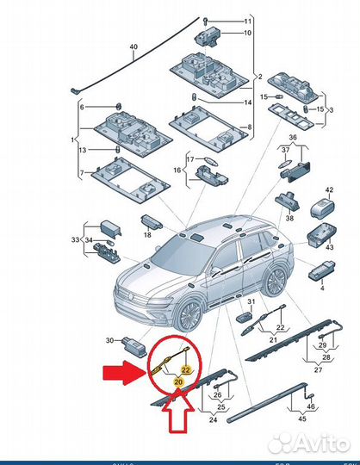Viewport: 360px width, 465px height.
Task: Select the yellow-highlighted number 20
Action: [x=178, y=380]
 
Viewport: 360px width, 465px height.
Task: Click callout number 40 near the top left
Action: [x=133, y=46]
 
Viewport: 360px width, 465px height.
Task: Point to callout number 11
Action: [x=246, y=21]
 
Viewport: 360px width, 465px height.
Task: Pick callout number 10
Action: [x=246, y=34]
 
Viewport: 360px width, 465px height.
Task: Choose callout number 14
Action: [x=246, y=102]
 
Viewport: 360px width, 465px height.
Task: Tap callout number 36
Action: [x=292, y=138]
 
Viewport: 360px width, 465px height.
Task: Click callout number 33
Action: [x=76, y=239]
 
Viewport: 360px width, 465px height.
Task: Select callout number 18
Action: [x=148, y=234]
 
